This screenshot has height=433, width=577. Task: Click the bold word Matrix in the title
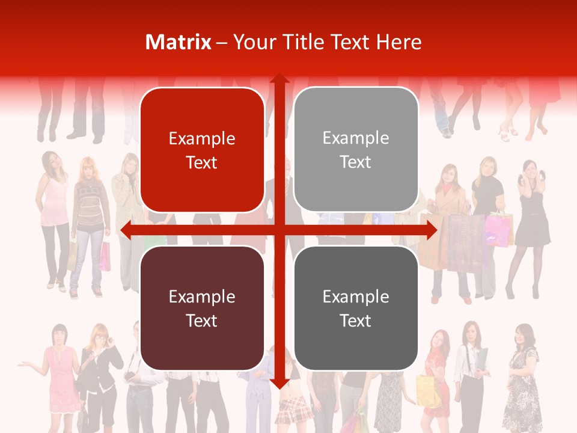(179, 42)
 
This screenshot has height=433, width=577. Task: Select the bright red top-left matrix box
(202, 150)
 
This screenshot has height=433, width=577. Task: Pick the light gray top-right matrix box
(356, 150)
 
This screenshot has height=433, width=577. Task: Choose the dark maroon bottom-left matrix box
(202, 308)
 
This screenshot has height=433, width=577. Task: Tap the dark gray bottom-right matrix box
(356, 308)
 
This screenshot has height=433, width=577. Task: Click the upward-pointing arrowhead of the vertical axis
(279, 79)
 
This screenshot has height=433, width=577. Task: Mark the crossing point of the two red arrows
(279, 230)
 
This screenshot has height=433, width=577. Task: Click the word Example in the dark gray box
(356, 296)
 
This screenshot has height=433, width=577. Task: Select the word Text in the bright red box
(202, 162)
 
